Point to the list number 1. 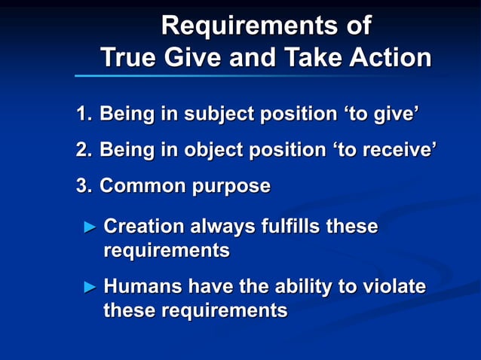click(x=82, y=114)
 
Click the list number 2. click(x=83, y=150)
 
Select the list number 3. click(x=83, y=185)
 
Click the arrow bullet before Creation click(x=90, y=227)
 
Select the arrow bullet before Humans click(x=90, y=287)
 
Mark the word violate click(x=392, y=286)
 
